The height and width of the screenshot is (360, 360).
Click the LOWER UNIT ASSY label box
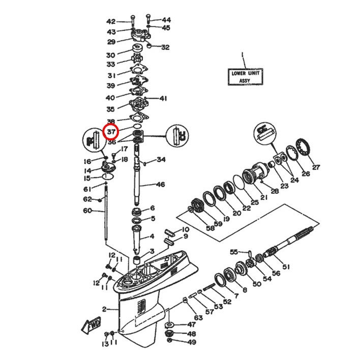(x=245, y=77)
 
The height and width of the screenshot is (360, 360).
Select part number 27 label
(x=316, y=167)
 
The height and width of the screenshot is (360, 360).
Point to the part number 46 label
(x=161, y=185)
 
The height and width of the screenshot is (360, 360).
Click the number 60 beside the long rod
(x=87, y=211)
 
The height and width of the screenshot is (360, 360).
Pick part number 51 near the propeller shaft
(x=286, y=266)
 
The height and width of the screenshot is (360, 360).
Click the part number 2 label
(x=104, y=309)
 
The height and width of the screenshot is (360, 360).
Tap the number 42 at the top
(x=111, y=21)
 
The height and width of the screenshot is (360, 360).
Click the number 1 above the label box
(x=243, y=53)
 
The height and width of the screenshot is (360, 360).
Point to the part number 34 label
(x=161, y=160)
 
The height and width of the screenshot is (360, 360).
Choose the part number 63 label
(x=198, y=318)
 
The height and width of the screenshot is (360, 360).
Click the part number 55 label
(x=234, y=252)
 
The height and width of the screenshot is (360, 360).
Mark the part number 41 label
(x=163, y=98)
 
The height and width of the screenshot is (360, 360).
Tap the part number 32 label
(x=165, y=47)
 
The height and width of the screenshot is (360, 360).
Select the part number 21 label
(x=263, y=197)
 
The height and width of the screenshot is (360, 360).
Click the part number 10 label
(x=185, y=230)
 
